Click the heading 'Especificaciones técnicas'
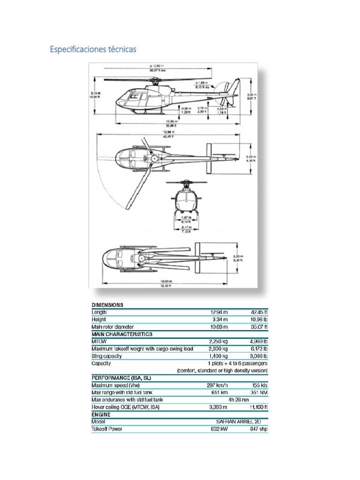[x=93, y=49]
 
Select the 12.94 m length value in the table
[x=219, y=312]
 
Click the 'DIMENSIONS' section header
[x=107, y=305]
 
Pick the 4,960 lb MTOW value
[x=259, y=342]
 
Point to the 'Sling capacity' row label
[x=107, y=356]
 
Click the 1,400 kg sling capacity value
[x=218, y=356]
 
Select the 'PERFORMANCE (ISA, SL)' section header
[x=121, y=378]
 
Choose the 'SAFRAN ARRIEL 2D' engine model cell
[x=238, y=422]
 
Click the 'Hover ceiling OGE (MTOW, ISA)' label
[x=126, y=407]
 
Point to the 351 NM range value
[x=259, y=393]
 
